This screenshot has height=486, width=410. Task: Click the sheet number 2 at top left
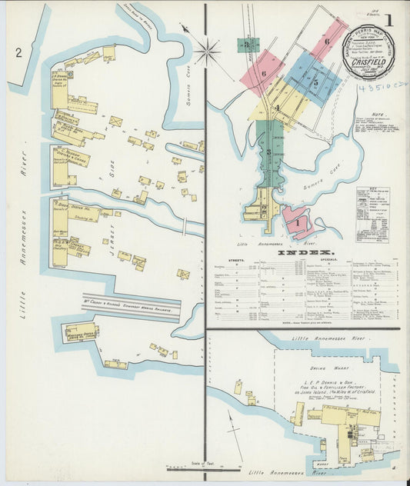pyautogui.click(x=17, y=52)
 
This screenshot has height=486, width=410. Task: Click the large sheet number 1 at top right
pyautogui.click(x=388, y=20)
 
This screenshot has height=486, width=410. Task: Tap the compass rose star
pyautogui.click(x=206, y=52)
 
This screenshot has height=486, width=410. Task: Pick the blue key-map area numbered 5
pyautogui.click(x=315, y=81)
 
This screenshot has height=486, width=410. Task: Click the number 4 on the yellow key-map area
pyautogui.click(x=276, y=108)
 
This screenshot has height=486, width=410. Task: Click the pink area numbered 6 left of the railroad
pyautogui.click(x=263, y=73)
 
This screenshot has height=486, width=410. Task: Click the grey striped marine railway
pyautogui.click(x=131, y=307)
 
